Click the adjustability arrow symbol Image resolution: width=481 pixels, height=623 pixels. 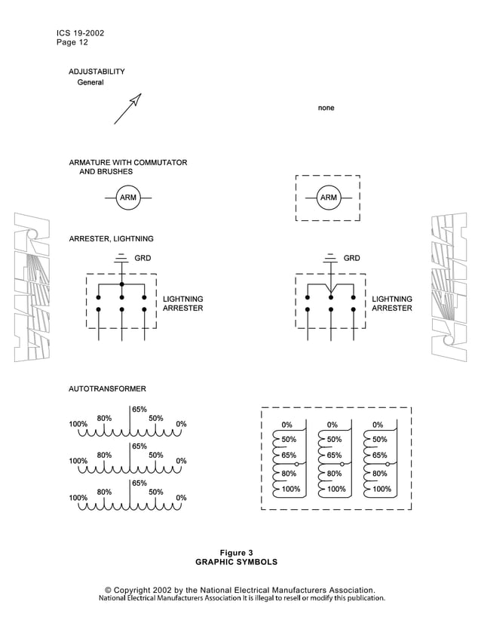[127, 109]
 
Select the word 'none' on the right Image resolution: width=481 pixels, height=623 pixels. [326, 108]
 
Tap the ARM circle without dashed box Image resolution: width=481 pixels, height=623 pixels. [129, 198]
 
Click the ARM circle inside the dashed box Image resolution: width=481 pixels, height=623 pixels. [328, 198]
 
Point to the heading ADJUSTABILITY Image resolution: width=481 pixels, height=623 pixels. [97, 72]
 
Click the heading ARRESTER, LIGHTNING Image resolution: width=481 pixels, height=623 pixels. [111, 239]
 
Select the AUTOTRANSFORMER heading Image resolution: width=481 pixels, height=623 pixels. [107, 388]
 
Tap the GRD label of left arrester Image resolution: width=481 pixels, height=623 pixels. [142, 258]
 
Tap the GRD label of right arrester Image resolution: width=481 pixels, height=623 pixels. [351, 258]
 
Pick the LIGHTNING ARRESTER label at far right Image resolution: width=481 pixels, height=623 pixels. [392, 304]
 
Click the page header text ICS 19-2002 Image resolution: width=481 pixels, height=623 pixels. [80, 33]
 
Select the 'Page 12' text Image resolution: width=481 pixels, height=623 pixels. [72, 43]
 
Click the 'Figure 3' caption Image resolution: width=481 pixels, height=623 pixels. [236, 552]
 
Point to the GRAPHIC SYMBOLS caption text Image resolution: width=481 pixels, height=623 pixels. [236, 562]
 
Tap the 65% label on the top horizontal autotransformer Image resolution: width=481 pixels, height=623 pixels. [139, 410]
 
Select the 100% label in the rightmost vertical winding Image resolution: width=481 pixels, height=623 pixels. [382, 489]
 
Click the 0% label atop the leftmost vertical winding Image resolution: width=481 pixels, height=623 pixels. [286, 425]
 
